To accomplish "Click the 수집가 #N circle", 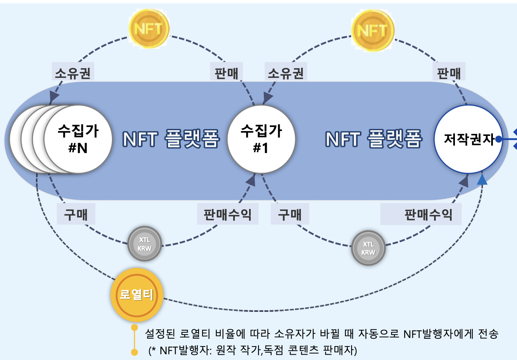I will (78, 139).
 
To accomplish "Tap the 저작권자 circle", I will (468, 139).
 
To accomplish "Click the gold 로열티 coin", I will (137, 295).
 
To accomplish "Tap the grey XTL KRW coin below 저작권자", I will (368, 247).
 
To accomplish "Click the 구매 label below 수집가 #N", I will (76, 214).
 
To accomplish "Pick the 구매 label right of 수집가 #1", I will (290, 214).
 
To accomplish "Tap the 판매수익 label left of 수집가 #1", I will (228, 214).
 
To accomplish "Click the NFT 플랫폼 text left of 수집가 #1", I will (171, 139).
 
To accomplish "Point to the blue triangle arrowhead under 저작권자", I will (483, 180).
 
